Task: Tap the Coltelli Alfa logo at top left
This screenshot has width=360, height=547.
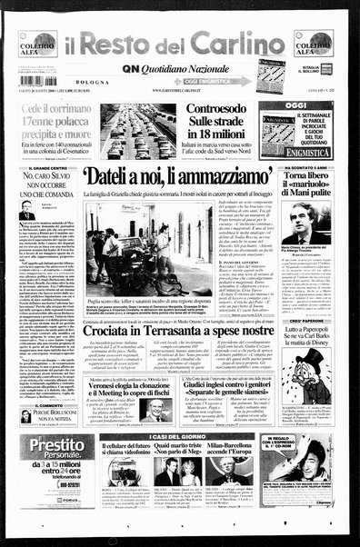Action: (x=36, y=44)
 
